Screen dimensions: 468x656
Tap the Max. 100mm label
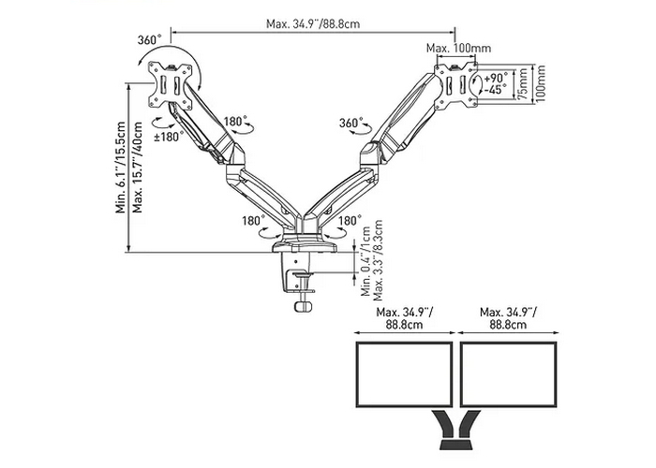pos(458,48)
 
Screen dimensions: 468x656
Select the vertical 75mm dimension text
pos(526,83)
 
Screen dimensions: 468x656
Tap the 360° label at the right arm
pos(350,124)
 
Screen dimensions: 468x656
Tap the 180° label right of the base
pos(349,221)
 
